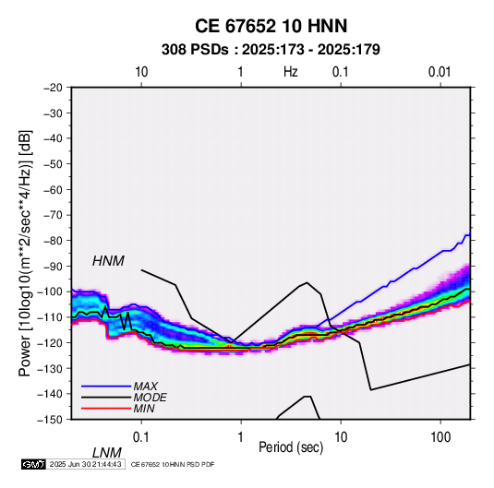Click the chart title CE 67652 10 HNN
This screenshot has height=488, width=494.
[271, 26]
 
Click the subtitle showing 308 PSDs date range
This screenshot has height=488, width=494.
[271, 50]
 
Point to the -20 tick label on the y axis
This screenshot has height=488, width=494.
[53, 88]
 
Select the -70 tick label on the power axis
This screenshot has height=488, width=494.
[53, 215]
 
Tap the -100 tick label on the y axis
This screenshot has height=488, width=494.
[51, 292]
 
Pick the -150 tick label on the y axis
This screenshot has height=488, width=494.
[51, 420]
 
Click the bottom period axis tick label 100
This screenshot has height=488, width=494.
[440, 437]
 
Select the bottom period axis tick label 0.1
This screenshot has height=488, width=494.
[141, 437]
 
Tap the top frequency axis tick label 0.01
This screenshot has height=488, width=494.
[440, 72]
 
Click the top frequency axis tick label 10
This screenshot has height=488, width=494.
[141, 72]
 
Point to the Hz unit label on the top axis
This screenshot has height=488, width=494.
[291, 72]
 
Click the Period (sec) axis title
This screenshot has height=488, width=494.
[291, 447]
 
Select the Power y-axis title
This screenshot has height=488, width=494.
[26, 253]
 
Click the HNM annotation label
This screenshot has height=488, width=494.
[108, 261]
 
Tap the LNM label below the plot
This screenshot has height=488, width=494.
[106, 453]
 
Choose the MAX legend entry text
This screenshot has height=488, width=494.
[145, 387]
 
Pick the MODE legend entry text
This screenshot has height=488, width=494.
[150, 398]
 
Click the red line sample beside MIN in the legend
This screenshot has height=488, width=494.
[106, 409]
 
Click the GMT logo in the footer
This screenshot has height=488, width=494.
[34, 464]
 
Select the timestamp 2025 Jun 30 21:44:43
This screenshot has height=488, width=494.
[85, 464]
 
